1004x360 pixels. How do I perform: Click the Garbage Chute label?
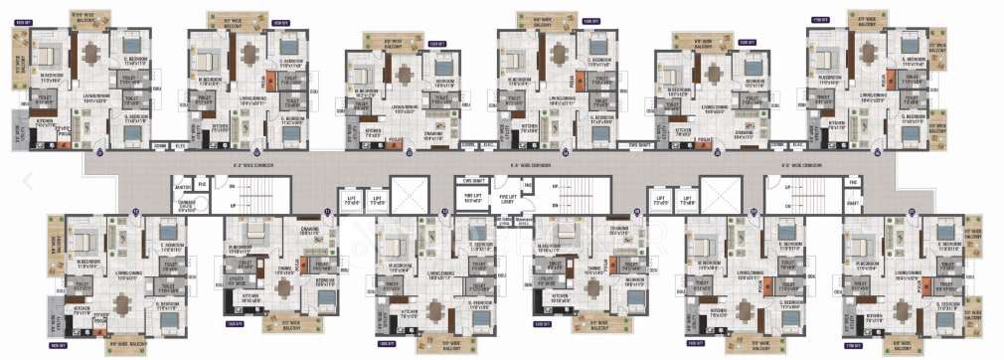[186, 205]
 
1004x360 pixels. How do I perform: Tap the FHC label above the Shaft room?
[852, 184]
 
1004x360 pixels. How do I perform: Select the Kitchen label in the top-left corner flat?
[45, 122]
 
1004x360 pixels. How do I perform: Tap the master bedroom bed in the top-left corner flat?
[52, 51]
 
